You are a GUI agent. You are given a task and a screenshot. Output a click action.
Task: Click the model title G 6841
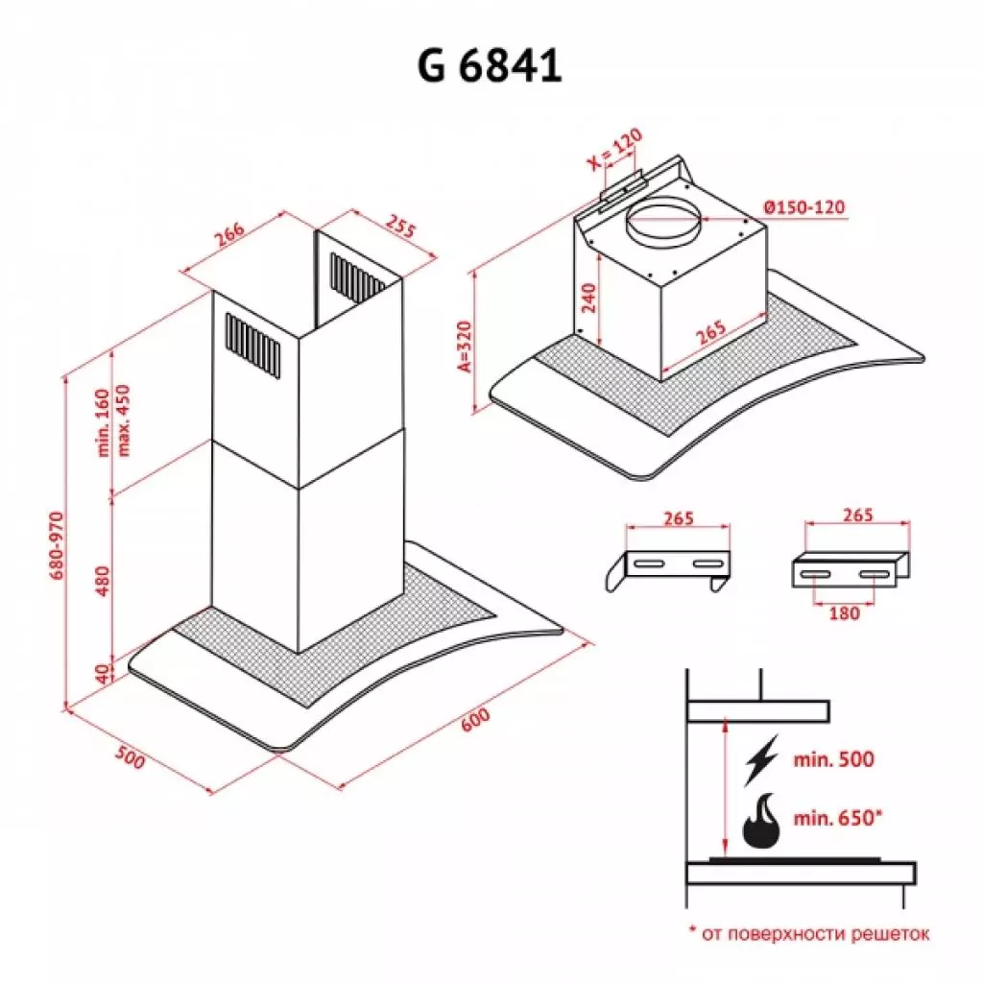(490, 65)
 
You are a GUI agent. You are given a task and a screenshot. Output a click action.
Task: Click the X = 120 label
(614, 151)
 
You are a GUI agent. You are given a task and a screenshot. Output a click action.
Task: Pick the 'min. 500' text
(833, 759)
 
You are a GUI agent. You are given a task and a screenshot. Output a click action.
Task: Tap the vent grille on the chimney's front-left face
(253, 344)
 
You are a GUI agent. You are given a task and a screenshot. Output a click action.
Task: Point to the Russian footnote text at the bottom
(809, 932)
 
